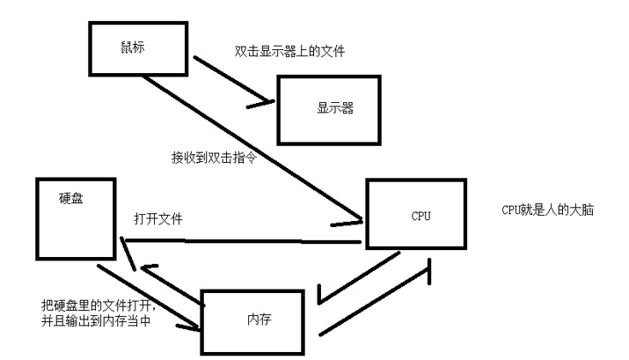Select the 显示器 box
pyautogui.click(x=329, y=109)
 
